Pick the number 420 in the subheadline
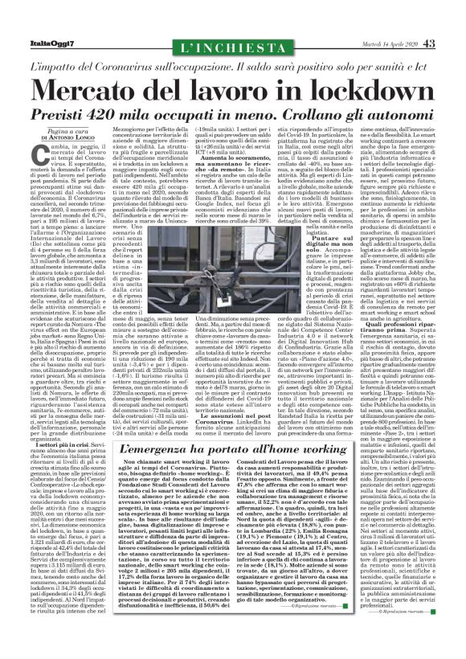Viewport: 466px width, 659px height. click(x=133, y=113)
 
